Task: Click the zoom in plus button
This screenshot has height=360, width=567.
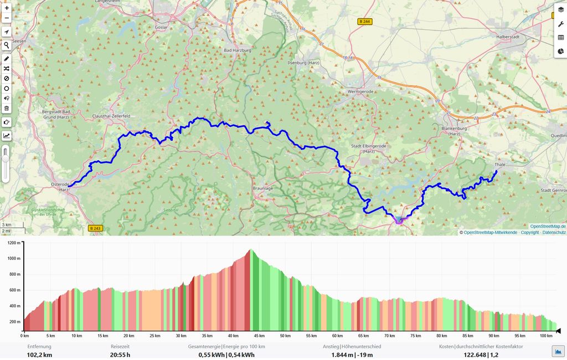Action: pyautogui.click(x=7, y=8)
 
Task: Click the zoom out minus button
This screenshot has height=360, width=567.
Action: pyautogui.click(x=7, y=19)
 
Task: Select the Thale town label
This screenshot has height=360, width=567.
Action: pyautogui.click(x=500, y=164)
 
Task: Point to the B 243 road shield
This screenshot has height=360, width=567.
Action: pyautogui.click(x=95, y=228)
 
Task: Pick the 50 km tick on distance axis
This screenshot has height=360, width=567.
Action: pyautogui.click(x=285, y=336)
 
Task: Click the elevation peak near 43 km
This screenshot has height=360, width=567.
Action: pyautogui.click(x=250, y=250)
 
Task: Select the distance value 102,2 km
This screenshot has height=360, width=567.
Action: pyautogui.click(x=39, y=355)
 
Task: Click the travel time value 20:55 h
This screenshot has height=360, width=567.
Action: pyautogui.click(x=120, y=355)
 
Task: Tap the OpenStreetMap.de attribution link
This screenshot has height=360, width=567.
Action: pyautogui.click(x=548, y=226)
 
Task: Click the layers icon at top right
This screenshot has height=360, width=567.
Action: pyautogui.click(x=560, y=9)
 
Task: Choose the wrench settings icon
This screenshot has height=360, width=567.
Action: pyautogui.click(x=560, y=23)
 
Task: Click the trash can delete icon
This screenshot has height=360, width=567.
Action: pyautogui.click(x=7, y=109)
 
